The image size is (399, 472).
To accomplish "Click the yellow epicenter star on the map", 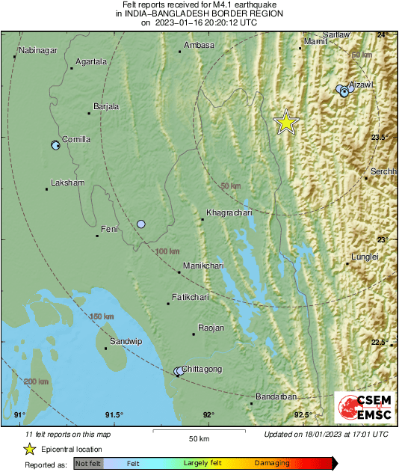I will coord(285,123).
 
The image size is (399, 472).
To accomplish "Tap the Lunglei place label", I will coord(365,257).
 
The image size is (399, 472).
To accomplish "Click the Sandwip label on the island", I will coord(126,341).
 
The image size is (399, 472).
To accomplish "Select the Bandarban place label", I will coord(276,396).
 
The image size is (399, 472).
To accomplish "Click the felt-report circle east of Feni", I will coord(141,224).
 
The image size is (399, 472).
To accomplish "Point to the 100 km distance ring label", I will coord(167,251).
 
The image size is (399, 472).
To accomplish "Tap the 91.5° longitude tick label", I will coord(114,415).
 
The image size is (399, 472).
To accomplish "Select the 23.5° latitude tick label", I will coord(382,138).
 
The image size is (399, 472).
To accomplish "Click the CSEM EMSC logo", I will coord(365,408).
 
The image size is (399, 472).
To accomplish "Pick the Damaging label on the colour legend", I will coord(272,464).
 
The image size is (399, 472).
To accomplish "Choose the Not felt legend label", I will coord(89,464).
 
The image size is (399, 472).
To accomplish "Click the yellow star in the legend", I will coord(29,449).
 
